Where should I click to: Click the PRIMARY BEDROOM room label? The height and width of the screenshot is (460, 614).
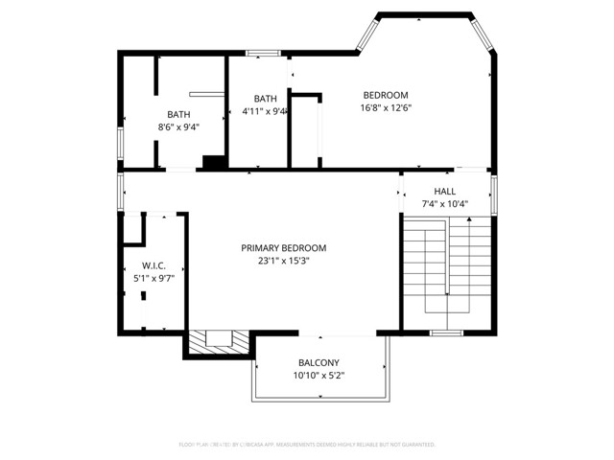284,247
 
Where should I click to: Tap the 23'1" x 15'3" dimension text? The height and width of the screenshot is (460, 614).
284,260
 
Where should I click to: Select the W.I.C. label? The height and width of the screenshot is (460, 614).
153,265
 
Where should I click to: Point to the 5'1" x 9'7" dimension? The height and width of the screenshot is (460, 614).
153,278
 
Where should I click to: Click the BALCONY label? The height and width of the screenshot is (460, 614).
319,362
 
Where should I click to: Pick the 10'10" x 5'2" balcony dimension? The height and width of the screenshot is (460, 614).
319,375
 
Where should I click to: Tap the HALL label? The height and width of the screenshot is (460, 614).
444,191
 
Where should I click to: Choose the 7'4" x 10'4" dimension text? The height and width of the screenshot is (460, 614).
444,203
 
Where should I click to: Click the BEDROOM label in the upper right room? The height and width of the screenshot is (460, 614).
385,95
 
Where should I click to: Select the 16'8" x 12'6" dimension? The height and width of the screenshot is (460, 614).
385,107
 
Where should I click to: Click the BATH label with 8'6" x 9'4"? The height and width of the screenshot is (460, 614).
178,114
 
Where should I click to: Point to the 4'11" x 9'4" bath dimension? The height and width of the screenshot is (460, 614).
266,111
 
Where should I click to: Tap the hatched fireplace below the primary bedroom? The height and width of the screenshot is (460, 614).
221,341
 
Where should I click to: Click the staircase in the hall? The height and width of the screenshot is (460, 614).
447,271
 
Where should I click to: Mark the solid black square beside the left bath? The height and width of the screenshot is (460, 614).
214,163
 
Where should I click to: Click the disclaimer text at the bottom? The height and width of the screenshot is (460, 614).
307,445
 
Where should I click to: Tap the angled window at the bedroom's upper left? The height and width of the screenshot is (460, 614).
366,34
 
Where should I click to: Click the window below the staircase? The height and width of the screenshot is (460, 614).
446,333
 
